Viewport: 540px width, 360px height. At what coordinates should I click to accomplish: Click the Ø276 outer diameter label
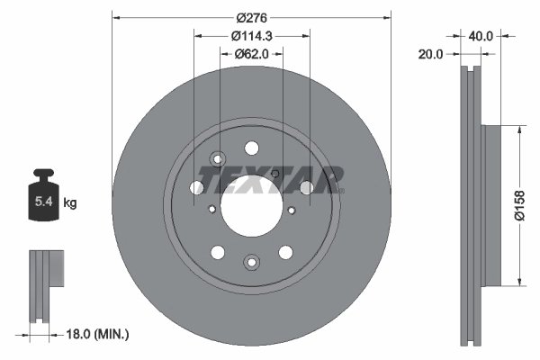[x=253, y=19]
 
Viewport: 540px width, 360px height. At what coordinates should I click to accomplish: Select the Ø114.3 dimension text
[x=253, y=36]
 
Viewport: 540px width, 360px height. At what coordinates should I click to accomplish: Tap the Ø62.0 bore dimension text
[x=253, y=54]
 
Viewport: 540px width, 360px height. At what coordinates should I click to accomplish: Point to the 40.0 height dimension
[x=481, y=37]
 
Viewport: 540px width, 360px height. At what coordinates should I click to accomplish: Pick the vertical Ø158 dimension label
[x=519, y=205]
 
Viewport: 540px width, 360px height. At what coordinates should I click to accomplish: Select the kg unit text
[x=70, y=203]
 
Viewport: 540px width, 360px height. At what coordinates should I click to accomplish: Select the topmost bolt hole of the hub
[x=251, y=148]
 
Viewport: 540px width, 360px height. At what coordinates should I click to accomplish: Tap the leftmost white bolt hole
[x=196, y=188]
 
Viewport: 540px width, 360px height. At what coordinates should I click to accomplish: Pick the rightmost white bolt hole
[x=306, y=187]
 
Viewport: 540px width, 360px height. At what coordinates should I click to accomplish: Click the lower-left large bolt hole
[x=218, y=253]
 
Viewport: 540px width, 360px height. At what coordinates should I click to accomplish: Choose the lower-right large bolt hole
[x=285, y=253]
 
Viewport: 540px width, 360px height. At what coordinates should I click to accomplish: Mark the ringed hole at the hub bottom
[x=251, y=262]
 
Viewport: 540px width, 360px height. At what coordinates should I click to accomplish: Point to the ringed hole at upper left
[x=215, y=160]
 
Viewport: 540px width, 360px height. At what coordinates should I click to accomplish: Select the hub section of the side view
[x=490, y=205]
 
